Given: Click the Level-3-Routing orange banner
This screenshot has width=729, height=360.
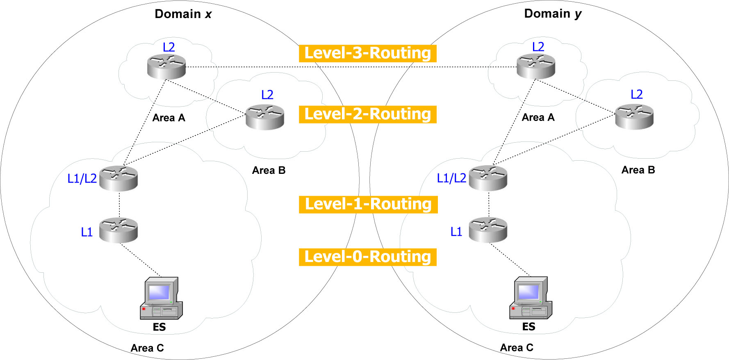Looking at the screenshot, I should click(x=367, y=53).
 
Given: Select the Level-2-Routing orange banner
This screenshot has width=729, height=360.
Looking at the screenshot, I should click(x=367, y=114).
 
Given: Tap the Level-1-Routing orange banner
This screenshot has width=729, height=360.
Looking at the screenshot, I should click(x=368, y=204).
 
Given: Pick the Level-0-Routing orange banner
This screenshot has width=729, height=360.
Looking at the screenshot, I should click(x=367, y=257).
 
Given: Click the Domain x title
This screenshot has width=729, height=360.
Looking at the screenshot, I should click(x=183, y=14).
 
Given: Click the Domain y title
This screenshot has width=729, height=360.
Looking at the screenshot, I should click(x=552, y=14).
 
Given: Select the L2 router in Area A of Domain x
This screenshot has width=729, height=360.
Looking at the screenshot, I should click(x=166, y=66).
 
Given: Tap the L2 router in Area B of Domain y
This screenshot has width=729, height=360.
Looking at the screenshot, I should click(x=634, y=116).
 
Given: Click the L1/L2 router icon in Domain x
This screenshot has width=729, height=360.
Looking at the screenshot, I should click(x=118, y=178).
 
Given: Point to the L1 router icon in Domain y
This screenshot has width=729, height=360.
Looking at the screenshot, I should click(x=488, y=230).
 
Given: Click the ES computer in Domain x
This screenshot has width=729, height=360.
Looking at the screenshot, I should click(x=161, y=298).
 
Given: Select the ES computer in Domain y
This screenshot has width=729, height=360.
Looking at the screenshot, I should click(x=530, y=298).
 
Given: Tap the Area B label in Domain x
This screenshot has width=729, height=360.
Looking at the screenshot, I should click(x=269, y=170).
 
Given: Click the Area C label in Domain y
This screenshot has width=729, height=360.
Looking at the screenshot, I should click(x=517, y=348).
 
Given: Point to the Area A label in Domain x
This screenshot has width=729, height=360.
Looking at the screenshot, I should click(x=169, y=118).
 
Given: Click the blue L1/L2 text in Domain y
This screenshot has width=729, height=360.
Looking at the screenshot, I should click(x=451, y=178).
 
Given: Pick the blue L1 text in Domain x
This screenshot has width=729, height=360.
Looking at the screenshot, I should click(x=87, y=232).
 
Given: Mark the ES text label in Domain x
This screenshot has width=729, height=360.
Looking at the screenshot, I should click(x=159, y=327).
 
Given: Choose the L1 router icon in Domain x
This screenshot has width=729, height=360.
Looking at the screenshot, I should click(x=118, y=230).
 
